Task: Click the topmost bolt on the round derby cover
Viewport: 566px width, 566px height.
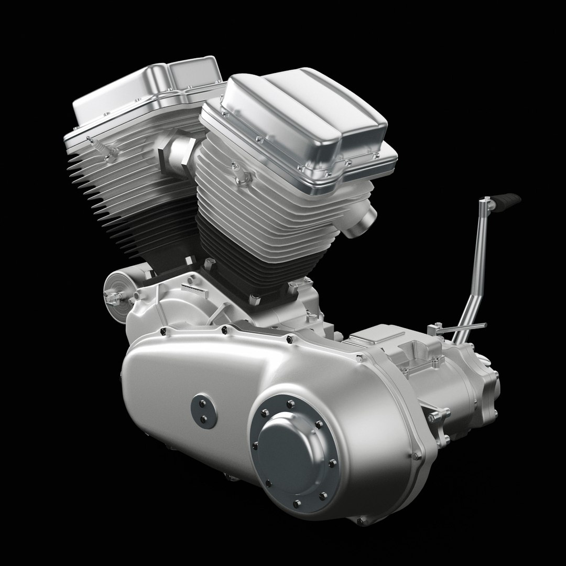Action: click(x=290, y=404)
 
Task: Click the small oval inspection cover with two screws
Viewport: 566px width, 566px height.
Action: click(x=203, y=410)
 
